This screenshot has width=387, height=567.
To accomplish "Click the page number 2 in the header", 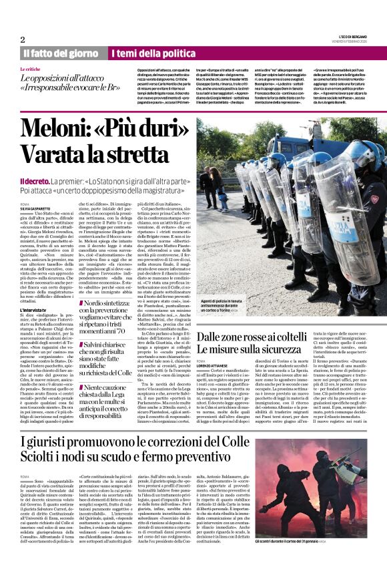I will (x=23, y=39).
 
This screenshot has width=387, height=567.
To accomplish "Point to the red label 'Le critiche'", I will (x=30, y=69).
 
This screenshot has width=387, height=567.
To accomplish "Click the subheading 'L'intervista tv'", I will (x=36, y=311).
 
